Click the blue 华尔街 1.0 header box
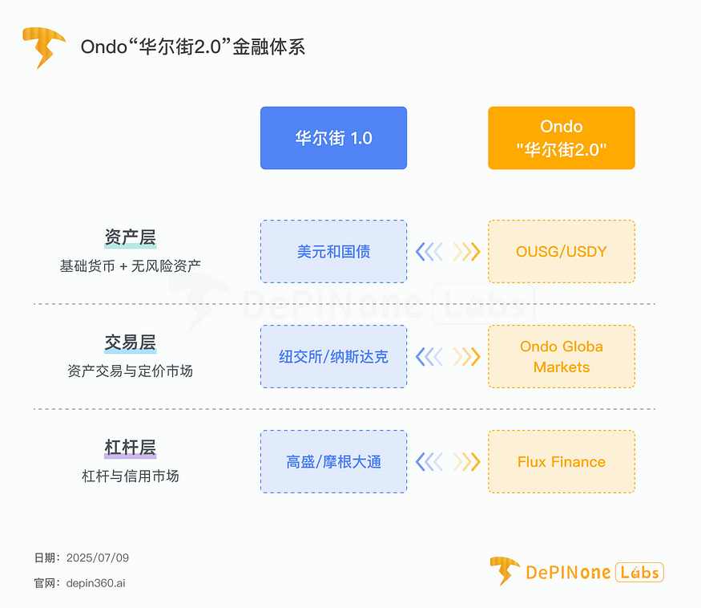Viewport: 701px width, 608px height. pos(333,138)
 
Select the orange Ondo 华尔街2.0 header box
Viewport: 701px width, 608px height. pos(561,138)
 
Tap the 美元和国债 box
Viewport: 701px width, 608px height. pos(333,252)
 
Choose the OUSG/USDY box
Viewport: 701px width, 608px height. pos(561,252)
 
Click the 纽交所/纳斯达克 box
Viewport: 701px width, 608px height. pos(333,357)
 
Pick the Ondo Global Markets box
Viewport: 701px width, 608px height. pos(561,357)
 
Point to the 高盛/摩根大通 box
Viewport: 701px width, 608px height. pos(333,462)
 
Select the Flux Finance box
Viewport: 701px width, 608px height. pos(561,462)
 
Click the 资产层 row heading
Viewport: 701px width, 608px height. pos(130,238)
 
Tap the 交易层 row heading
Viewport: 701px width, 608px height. pos(130,343)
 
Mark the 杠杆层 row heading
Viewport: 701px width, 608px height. pos(130,448)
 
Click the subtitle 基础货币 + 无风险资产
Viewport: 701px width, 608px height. pos(130,265)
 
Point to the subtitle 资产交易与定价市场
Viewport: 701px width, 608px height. pos(130,371)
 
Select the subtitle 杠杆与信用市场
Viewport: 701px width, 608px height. pos(130,476)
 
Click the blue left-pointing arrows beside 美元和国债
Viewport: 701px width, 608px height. pos(429,252)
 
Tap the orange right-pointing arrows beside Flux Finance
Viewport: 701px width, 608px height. pos(466,462)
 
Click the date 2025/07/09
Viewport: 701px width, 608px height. pos(97,557)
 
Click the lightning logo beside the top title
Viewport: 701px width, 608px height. pos(43,47)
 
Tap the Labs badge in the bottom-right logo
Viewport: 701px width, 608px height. pos(639,572)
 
